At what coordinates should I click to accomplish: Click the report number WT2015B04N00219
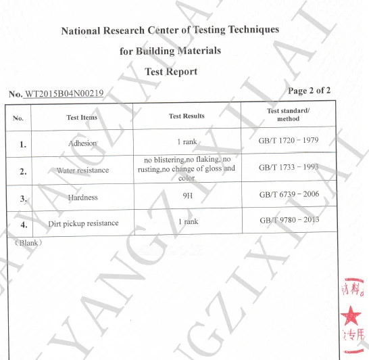pyautogui.click(x=64, y=93)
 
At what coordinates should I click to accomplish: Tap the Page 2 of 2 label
pyautogui.click(x=309, y=90)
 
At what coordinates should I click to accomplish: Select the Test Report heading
pyautogui.click(x=171, y=72)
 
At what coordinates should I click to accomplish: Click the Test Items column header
pyautogui.click(x=82, y=117)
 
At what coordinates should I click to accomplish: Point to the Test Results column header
pyautogui.click(x=187, y=116)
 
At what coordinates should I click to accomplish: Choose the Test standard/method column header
pyautogui.click(x=288, y=114)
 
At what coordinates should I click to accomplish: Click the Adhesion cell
pyautogui.click(x=82, y=143)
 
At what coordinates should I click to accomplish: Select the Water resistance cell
pyautogui.click(x=82, y=171)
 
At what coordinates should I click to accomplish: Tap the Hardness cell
pyautogui.click(x=82, y=198)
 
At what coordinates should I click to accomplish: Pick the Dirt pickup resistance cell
pyautogui.click(x=83, y=223)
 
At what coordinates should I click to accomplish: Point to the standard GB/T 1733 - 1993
pyautogui.click(x=289, y=166)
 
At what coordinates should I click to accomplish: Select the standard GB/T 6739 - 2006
pyautogui.click(x=289, y=194)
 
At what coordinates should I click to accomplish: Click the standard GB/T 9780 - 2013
pyautogui.click(x=289, y=221)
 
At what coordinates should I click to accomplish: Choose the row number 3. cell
pyautogui.click(x=23, y=198)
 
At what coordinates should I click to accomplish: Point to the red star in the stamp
pyautogui.click(x=351, y=314)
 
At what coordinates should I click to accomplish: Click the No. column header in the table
pyautogui.click(x=18, y=118)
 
